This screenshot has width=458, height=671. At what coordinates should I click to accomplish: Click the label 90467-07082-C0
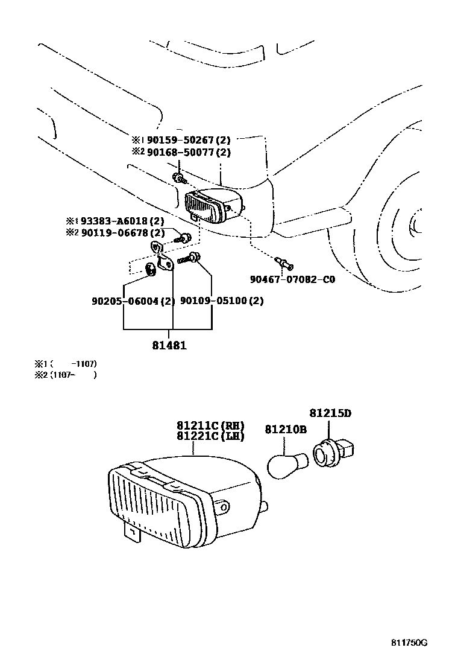[292, 279]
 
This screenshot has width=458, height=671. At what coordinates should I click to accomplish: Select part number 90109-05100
[214, 301]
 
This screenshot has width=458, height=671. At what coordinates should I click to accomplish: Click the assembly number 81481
[169, 346]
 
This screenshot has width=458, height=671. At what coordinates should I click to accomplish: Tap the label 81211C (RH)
[210, 425]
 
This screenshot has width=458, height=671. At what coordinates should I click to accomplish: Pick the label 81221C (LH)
[210, 436]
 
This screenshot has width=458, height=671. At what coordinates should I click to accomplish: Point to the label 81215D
[330, 413]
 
